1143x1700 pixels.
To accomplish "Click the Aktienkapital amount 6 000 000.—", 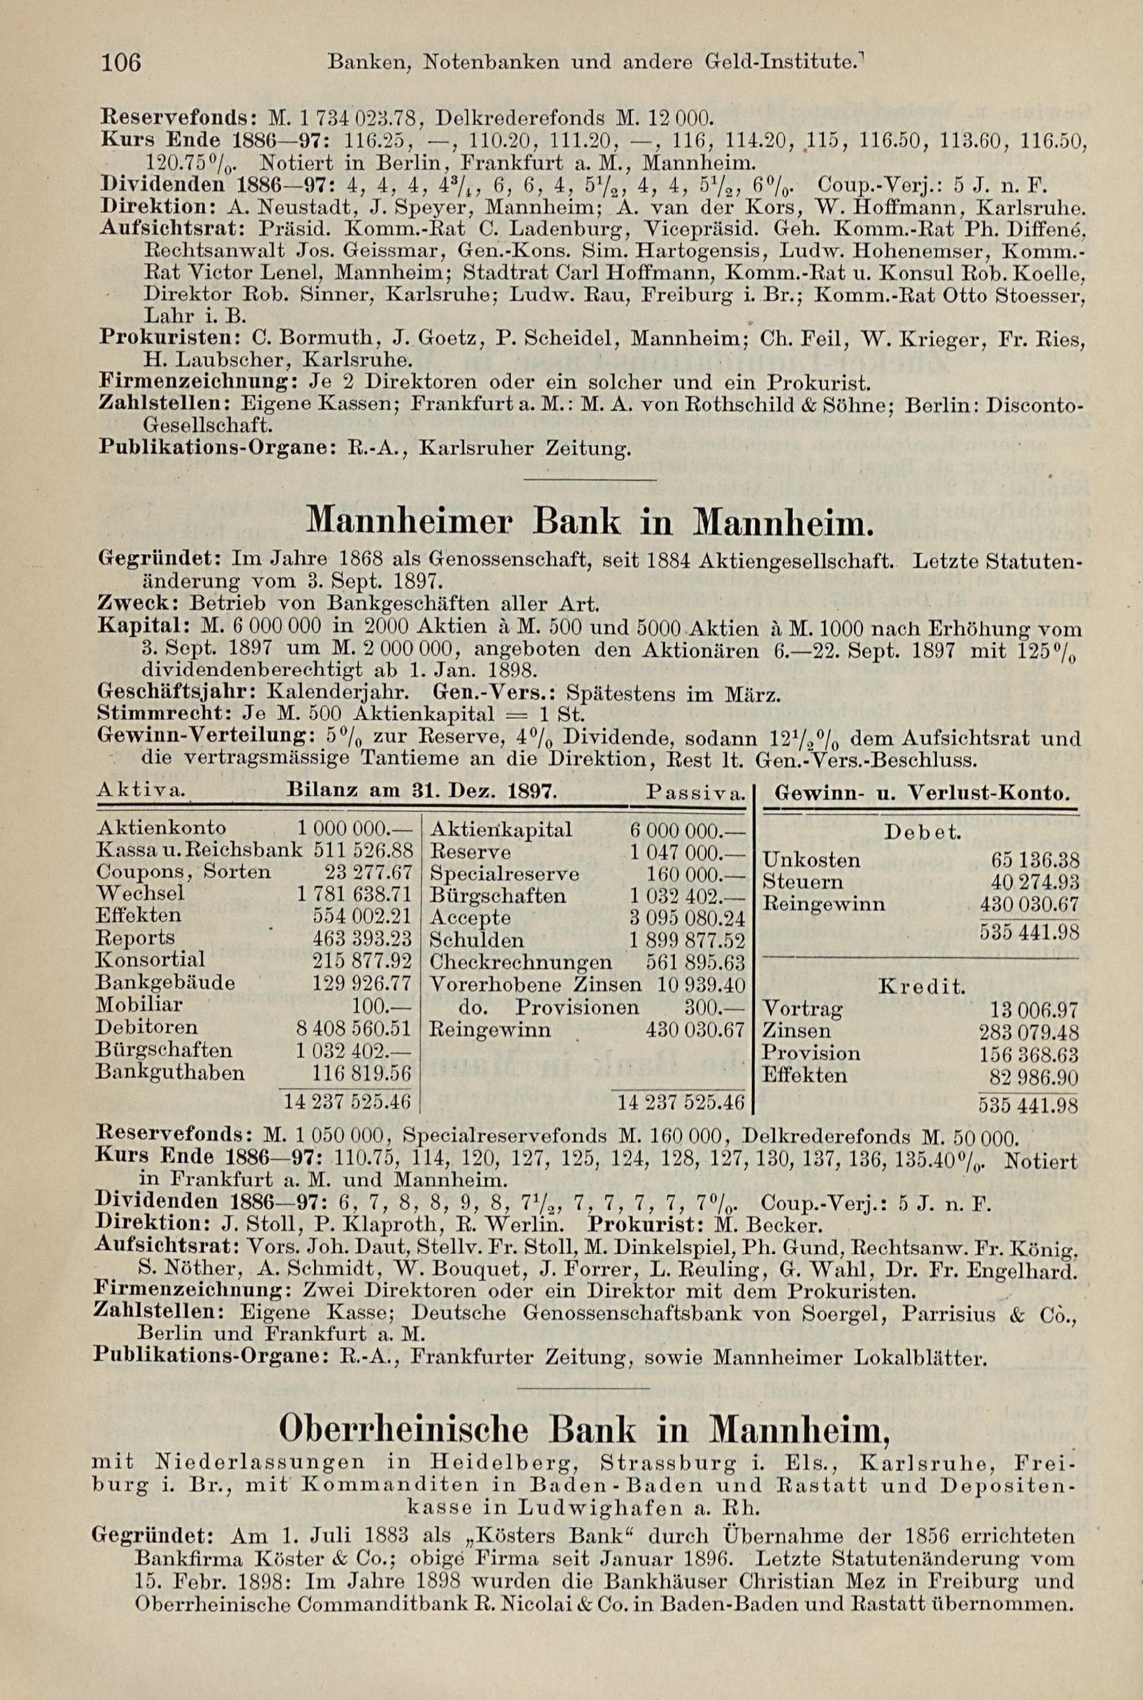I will click(x=686, y=829).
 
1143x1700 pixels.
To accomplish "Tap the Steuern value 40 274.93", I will click(x=1034, y=882).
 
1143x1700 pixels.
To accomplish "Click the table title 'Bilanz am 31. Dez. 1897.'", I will click(x=423, y=790).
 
